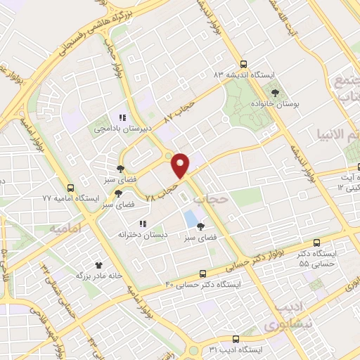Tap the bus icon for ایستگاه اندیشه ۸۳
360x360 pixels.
point(244,63)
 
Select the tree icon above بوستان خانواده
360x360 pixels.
point(276,92)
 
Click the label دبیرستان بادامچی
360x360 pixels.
point(121,129)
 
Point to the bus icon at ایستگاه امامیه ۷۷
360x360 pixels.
point(70,188)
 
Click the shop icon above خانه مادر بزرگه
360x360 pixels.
point(98,264)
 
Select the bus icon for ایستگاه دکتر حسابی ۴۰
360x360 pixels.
point(202,274)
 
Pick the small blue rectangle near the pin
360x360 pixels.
point(191,219)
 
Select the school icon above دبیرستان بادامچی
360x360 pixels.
point(122,118)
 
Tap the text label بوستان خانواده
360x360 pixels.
point(276,103)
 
